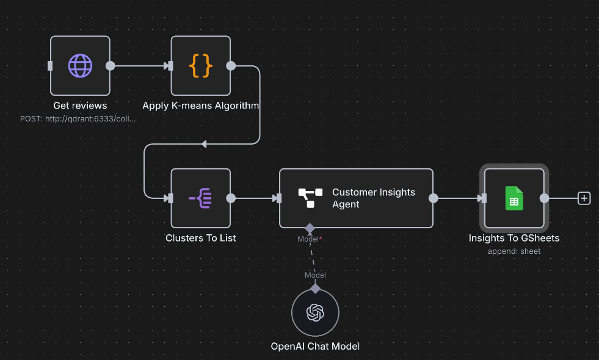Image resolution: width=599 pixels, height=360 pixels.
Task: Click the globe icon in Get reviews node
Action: tap(80, 65)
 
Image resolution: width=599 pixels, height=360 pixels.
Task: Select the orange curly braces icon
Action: tap(200, 65)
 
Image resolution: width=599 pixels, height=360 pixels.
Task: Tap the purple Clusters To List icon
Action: tap(200, 198)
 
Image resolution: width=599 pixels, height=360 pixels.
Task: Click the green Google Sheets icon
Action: tap(514, 198)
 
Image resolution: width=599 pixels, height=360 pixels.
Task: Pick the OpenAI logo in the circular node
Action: tap(315, 313)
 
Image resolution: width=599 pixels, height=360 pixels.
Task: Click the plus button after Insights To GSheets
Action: tap(584, 198)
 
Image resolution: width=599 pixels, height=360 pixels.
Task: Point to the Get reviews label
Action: tap(80, 106)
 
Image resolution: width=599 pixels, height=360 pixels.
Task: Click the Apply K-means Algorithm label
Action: tap(200, 106)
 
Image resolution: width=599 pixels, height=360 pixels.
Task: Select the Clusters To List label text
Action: tap(200, 238)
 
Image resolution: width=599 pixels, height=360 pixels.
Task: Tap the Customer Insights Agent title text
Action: tap(373, 198)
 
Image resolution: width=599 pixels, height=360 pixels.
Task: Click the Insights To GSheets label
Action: tap(514, 238)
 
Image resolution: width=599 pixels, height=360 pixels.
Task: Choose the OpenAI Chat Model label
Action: tap(315, 346)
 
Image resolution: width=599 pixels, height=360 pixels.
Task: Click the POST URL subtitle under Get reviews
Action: tap(78, 118)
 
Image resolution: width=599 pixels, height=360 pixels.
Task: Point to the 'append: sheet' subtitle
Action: tap(514, 251)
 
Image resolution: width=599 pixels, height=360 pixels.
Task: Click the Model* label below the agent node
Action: tap(310, 239)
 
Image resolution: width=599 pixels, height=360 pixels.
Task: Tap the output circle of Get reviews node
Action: tap(110, 65)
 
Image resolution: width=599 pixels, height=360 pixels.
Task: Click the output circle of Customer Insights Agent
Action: tap(433, 198)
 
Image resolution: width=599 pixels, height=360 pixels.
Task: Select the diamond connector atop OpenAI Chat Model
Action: tap(315, 289)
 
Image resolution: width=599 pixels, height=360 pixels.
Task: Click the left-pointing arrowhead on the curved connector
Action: tap(204, 144)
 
